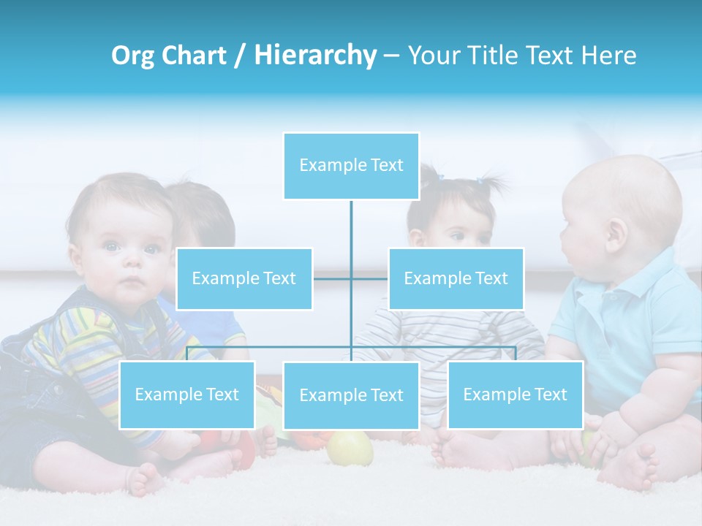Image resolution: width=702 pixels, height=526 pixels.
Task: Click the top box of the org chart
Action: [x=351, y=166]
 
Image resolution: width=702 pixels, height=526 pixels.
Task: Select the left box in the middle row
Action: [x=244, y=278]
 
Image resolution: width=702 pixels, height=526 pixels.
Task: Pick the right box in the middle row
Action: [x=456, y=278]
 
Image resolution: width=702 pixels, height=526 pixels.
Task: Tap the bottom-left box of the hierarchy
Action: [x=186, y=394]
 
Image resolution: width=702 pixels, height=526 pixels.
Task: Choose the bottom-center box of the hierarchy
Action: [x=351, y=395]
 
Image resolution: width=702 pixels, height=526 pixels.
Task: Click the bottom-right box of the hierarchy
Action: [x=515, y=394]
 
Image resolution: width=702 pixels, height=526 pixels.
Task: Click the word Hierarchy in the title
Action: [x=315, y=56]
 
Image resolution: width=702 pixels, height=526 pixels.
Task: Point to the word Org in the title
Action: [x=132, y=56]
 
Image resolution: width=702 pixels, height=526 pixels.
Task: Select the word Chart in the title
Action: [x=195, y=56]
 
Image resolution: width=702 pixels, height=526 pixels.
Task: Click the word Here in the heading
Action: [x=608, y=56]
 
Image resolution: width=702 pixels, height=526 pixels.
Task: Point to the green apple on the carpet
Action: [x=350, y=448]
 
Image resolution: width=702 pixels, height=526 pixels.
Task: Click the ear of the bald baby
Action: [x=616, y=235]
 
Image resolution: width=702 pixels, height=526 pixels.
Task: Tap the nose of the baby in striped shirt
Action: [x=132, y=261]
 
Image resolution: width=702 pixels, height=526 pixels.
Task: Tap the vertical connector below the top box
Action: [x=351, y=234]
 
